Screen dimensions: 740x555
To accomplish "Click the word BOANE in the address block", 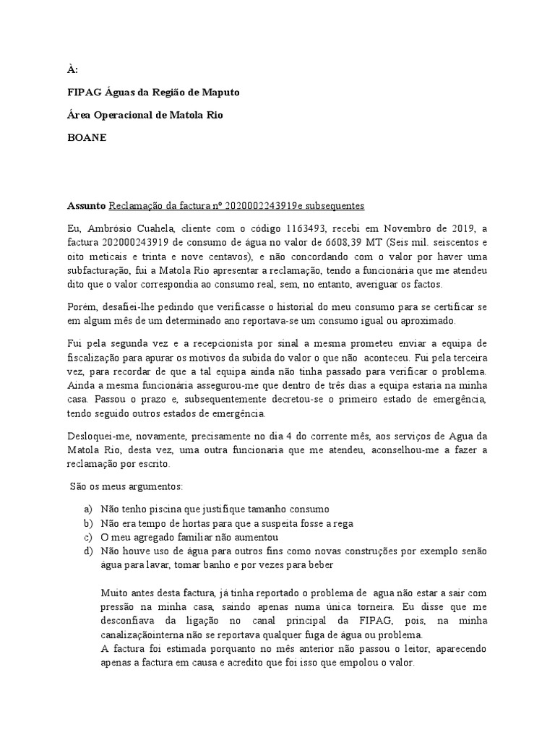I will (87, 138).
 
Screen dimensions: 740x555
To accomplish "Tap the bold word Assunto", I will (86, 206).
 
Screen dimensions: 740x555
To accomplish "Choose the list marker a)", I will (87, 509).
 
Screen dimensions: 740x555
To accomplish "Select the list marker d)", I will (87, 551).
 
